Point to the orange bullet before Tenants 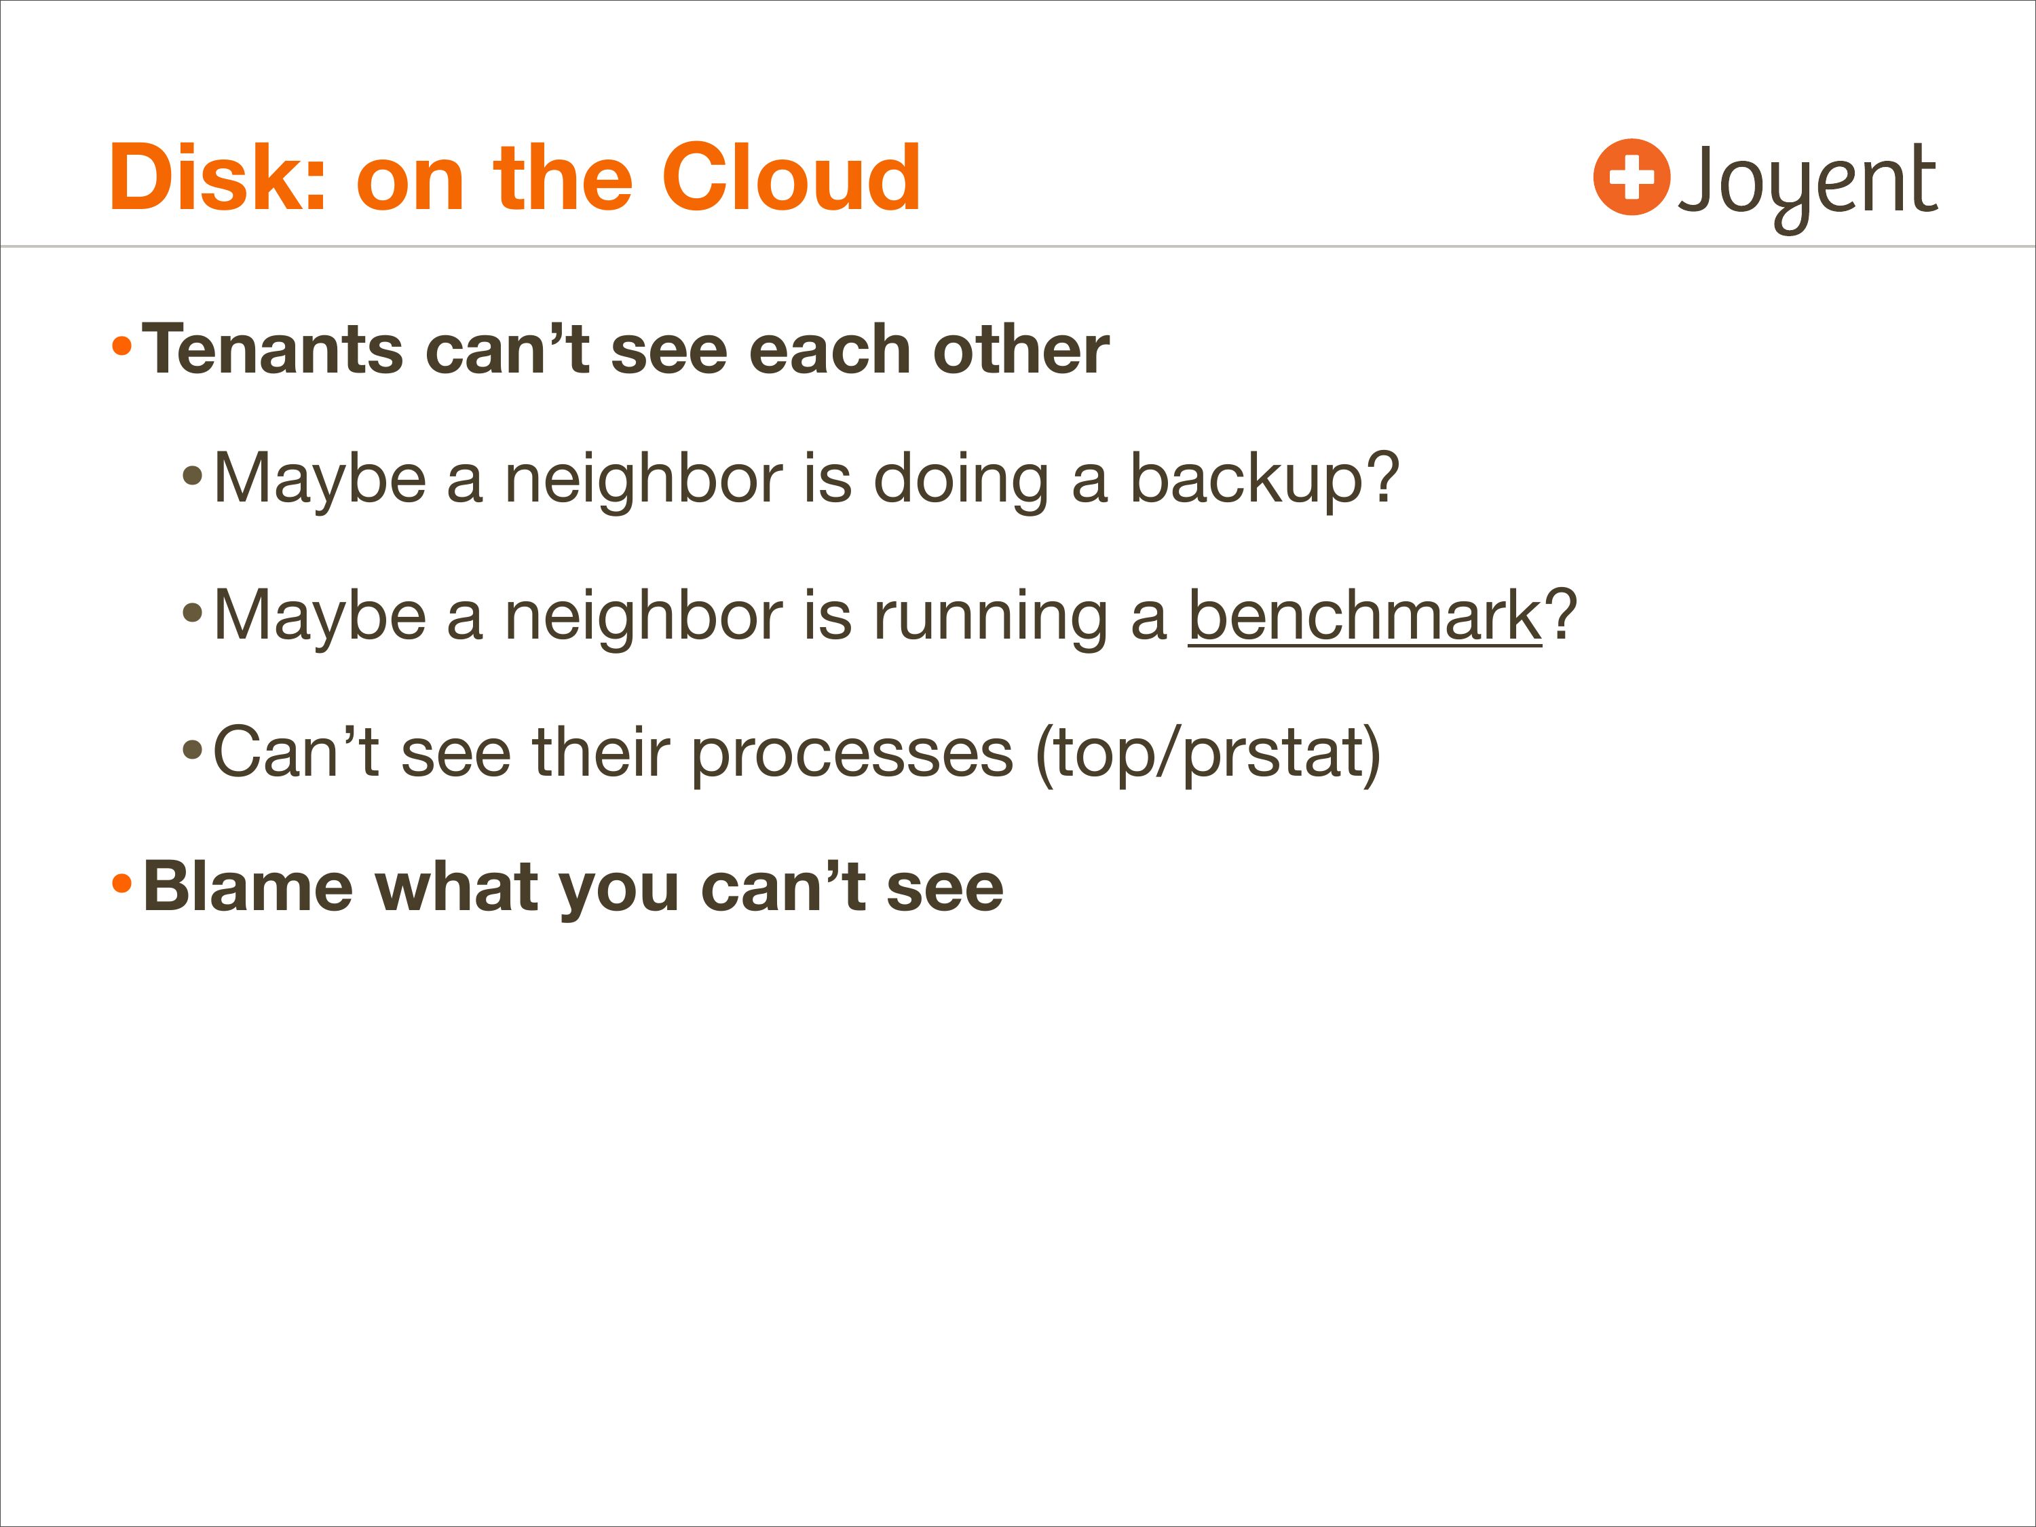point(121,347)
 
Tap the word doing point(960,480)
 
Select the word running point(990,617)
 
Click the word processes point(852,755)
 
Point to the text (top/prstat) point(1207,755)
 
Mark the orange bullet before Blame point(121,884)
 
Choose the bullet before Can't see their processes point(191,749)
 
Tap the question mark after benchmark point(1561,614)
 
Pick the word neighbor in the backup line point(643,480)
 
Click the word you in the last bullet point(618,893)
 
